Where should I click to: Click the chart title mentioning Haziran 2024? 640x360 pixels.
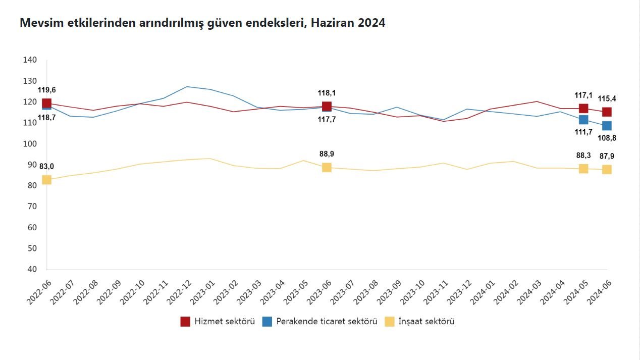(202, 23)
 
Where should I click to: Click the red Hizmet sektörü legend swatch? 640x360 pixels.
(185, 322)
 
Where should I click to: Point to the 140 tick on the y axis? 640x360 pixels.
(30, 60)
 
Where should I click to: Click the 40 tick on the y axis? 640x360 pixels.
(32, 269)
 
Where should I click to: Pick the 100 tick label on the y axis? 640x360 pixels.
(30, 144)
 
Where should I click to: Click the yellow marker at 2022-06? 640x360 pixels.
(46, 180)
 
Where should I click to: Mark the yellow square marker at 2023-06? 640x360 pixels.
(327, 167)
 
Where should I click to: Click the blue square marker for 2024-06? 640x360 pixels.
(607, 126)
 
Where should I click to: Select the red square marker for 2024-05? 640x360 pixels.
(583, 109)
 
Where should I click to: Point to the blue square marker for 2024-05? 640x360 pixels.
(583, 120)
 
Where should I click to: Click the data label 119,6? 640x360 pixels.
(47, 90)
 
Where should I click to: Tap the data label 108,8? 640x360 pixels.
(607, 138)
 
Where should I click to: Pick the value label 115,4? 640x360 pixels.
(607, 98)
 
